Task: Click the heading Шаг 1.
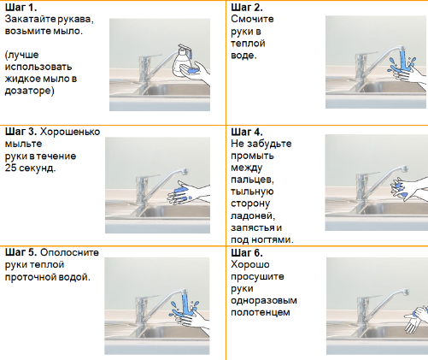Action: pos(21,7)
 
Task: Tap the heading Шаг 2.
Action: pos(247,7)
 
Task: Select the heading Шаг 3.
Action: pos(21,132)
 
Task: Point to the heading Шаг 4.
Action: pos(247,132)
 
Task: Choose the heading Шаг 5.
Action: pos(21,252)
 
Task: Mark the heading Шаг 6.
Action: pos(247,252)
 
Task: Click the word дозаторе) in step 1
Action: pos(29,91)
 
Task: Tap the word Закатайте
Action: pos(31,19)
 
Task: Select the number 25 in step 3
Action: pos(10,168)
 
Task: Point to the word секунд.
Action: pos(37,168)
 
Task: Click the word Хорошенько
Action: pos(70,132)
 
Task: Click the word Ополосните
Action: pos(69,252)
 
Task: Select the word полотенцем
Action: pos(261,312)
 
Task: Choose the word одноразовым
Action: pos(264,300)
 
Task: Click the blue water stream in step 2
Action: pos(402,60)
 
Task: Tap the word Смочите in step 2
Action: pos(252,19)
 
